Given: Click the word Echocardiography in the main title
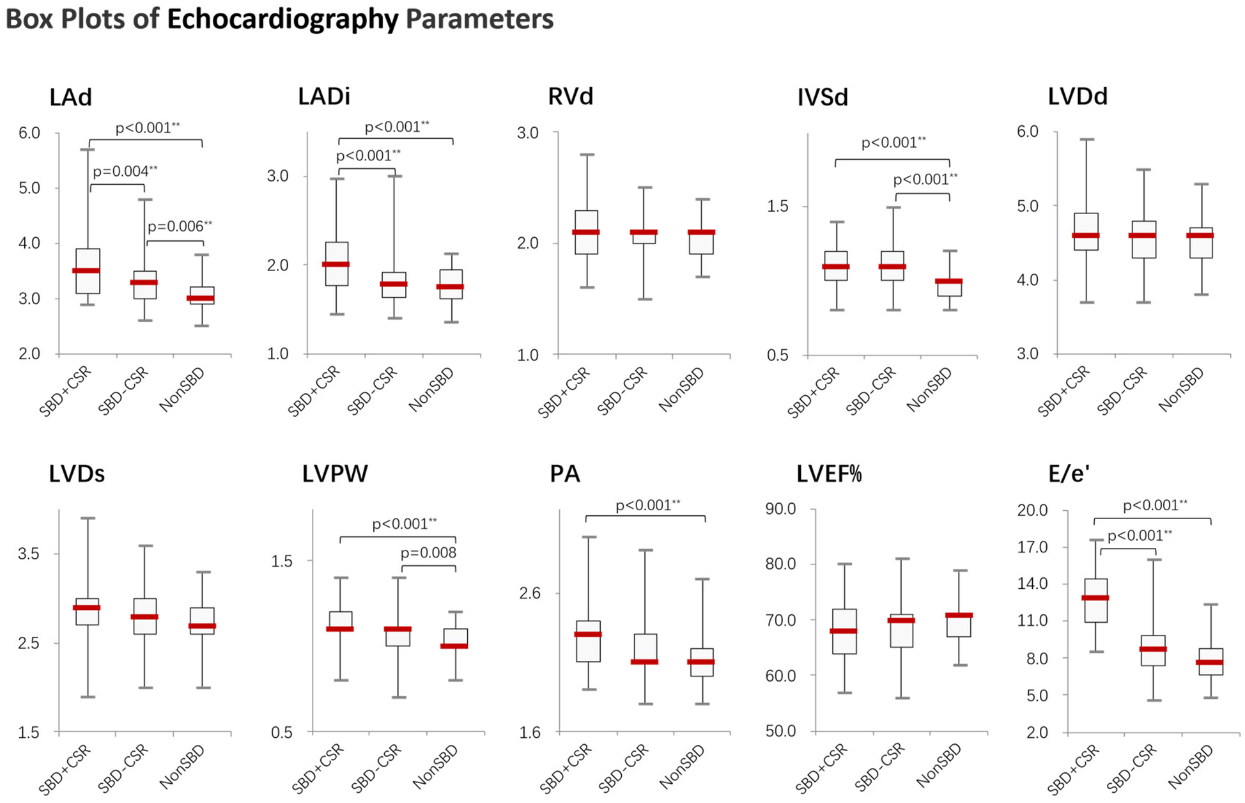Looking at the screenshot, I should pyautogui.click(x=282, y=19).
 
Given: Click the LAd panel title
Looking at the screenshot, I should pyautogui.click(x=70, y=97).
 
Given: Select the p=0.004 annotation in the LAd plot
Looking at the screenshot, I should pyautogui.click(x=125, y=171).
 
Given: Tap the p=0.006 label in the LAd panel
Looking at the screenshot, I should pyautogui.click(x=180, y=226).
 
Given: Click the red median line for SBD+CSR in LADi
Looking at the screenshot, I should pyautogui.click(x=336, y=264).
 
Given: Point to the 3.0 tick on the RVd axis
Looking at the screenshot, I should pyautogui.click(x=527, y=133).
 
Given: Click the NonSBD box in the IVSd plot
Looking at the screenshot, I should pyautogui.click(x=949, y=288).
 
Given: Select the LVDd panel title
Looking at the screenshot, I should pyautogui.click(x=1077, y=97).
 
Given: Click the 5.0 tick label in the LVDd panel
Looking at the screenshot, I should pyautogui.click(x=1028, y=206).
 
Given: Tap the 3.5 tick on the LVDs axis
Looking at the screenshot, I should pyautogui.click(x=28, y=554).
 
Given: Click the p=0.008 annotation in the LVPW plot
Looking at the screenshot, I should pyautogui.click(x=428, y=553).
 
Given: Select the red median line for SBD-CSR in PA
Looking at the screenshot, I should pyautogui.click(x=644, y=662).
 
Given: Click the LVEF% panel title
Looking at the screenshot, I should pyautogui.click(x=829, y=474).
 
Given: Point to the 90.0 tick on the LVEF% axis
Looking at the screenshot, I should pyautogui.click(x=780, y=510).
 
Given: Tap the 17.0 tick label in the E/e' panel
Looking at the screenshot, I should pyautogui.click(x=1032, y=547).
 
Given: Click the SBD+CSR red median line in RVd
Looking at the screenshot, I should pyautogui.click(x=585, y=232).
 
